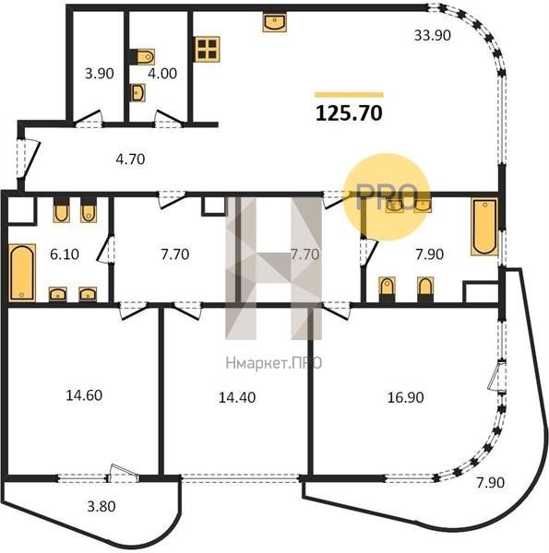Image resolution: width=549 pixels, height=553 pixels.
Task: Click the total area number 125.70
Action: tap(349, 113)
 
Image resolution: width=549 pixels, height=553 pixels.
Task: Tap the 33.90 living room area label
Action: tap(432, 35)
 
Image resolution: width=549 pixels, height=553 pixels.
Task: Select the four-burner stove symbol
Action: tap(208, 49)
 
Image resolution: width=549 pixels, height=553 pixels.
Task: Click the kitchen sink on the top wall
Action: tap(274, 22)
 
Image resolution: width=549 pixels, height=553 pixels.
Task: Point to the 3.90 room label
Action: tap(100, 74)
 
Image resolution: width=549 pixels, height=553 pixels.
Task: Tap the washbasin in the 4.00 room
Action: tap(137, 93)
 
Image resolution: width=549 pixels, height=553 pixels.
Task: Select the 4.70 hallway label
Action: tap(130, 159)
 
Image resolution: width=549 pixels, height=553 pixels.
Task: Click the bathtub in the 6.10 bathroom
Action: tap(22, 273)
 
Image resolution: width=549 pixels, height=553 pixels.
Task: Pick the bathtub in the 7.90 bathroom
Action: tap(484, 227)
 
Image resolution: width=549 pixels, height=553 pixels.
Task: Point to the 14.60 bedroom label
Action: tap(84, 395)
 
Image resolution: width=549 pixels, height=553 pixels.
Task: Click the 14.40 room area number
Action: tap(237, 397)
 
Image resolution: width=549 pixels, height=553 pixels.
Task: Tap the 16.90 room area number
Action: tap(405, 397)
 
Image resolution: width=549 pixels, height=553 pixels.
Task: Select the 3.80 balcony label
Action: tap(101, 506)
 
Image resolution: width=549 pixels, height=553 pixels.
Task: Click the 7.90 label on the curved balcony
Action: tap(490, 482)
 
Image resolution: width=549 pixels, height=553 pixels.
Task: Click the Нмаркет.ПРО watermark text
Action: tap(274, 363)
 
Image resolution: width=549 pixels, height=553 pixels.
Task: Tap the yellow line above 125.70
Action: tap(349, 94)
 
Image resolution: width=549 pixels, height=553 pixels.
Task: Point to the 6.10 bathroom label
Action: tap(65, 254)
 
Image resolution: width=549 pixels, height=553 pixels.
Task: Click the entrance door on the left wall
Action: tap(28, 158)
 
